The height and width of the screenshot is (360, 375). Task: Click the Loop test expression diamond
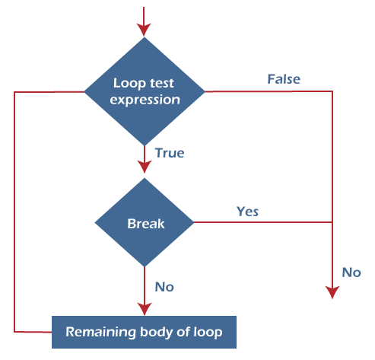pyautogui.click(x=145, y=91)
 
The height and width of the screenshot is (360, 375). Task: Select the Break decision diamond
pyautogui.click(x=145, y=223)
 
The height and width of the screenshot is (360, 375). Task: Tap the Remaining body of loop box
pyautogui.click(x=144, y=332)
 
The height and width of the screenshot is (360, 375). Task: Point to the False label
pyautogui.click(x=283, y=79)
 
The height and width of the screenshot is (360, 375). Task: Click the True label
pyautogui.click(x=169, y=153)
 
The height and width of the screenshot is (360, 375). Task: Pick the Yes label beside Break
pyautogui.click(x=247, y=211)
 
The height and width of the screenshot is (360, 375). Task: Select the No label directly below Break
pyautogui.click(x=164, y=287)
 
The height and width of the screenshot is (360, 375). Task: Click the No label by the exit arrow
pyautogui.click(x=351, y=272)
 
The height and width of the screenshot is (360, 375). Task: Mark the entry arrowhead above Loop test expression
pyautogui.click(x=145, y=29)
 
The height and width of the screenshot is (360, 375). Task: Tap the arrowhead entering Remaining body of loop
pyautogui.click(x=145, y=309)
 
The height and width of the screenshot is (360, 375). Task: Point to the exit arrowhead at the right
pyautogui.click(x=332, y=292)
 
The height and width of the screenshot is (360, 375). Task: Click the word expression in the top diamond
pyautogui.click(x=145, y=100)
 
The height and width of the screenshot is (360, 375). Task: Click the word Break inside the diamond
pyautogui.click(x=145, y=224)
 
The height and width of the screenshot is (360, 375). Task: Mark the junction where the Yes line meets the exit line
pyautogui.click(x=332, y=223)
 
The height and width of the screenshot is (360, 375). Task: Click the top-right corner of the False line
pyautogui.click(x=332, y=91)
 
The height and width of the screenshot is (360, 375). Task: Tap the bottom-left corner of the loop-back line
pyautogui.click(x=14, y=332)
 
